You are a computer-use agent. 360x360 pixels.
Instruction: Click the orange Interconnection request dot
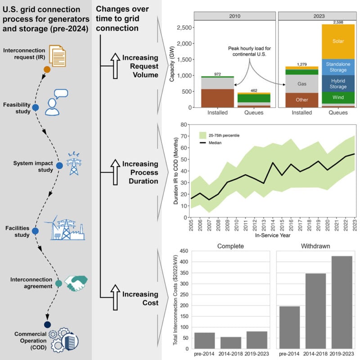47,70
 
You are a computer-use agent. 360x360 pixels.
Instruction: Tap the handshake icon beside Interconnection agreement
74,282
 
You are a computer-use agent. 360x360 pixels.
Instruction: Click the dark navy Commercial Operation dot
47,324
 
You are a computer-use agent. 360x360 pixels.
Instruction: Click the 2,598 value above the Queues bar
334,22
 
